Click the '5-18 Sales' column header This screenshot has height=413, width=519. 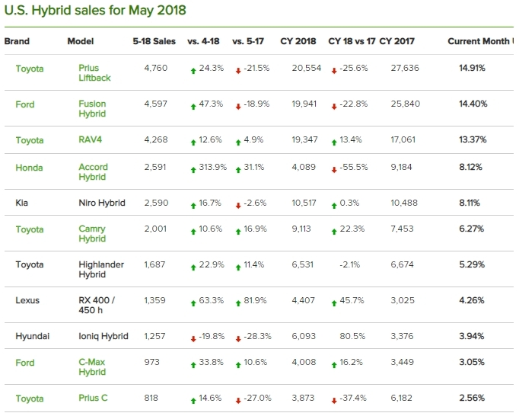[x=154, y=41]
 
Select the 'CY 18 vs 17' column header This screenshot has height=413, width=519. [x=352, y=41]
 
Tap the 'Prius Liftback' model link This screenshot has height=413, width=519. [x=95, y=73]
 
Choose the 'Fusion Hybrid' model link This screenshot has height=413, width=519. [x=92, y=109]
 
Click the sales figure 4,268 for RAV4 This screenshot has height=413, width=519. [x=155, y=140]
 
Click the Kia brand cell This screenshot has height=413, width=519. [x=23, y=203]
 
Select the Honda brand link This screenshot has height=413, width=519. [x=29, y=168]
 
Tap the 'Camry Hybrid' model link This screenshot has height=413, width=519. [x=92, y=233]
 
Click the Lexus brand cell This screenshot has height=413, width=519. [x=27, y=300]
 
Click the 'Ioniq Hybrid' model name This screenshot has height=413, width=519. [x=103, y=336]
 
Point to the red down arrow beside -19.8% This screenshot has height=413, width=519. [x=193, y=338]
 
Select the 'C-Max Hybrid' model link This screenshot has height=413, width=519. [x=93, y=367]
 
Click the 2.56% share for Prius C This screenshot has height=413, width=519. [x=472, y=399]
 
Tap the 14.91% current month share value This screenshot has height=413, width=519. [x=472, y=69]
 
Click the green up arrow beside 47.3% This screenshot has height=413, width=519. [x=193, y=105]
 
